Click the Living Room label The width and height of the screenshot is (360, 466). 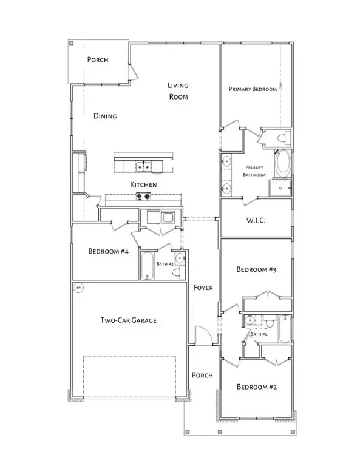pos(178,92)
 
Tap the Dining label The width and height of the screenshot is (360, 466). pos(105,116)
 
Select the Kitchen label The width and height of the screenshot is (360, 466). pos(144,184)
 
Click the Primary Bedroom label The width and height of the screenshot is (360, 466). pos(253,89)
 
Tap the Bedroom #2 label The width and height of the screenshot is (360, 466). pos(256,387)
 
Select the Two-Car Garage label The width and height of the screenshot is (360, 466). pos(124,320)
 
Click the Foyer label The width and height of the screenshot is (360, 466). pos(203,288)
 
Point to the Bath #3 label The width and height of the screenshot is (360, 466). pos(165,264)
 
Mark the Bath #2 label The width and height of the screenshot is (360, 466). pos(259,334)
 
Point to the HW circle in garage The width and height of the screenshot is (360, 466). pos(78,287)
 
